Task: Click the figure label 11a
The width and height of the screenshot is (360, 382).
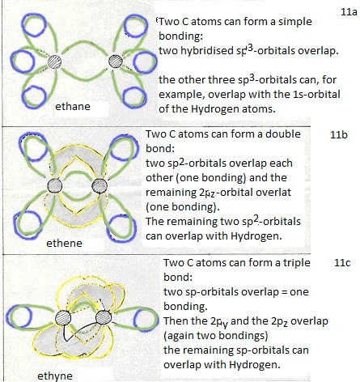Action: pyautogui.click(x=349, y=12)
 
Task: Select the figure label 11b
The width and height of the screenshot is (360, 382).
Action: pyautogui.click(x=339, y=134)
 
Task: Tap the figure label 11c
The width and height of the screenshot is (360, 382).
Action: pyautogui.click(x=342, y=262)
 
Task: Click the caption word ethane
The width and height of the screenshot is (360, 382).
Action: pyautogui.click(x=73, y=106)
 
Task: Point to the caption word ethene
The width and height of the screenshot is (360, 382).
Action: pyautogui.click(x=64, y=243)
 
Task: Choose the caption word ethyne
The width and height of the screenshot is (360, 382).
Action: pyautogui.click(x=55, y=376)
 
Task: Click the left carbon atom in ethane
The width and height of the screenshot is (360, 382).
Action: pyautogui.click(x=54, y=62)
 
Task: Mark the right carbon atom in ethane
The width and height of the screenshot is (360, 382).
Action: pyautogui.click(x=116, y=62)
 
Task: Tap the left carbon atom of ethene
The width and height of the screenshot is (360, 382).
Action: pyautogui.click(x=55, y=185)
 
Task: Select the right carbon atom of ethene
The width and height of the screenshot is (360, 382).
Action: pyautogui.click(x=100, y=185)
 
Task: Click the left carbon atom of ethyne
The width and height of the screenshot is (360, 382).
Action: pyautogui.click(x=63, y=318)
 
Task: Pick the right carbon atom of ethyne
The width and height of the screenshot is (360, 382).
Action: pyautogui.click(x=104, y=317)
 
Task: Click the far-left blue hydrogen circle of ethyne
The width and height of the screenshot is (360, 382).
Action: pyautogui.click(x=19, y=318)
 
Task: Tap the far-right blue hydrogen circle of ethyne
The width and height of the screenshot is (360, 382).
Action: pyautogui.click(x=146, y=319)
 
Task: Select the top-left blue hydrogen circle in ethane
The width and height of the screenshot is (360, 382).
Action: pyautogui.click(x=34, y=25)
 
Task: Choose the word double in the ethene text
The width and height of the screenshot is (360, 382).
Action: pyautogui.click(x=283, y=134)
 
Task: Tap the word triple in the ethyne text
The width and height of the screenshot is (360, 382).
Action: pyautogui.click(x=296, y=263)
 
